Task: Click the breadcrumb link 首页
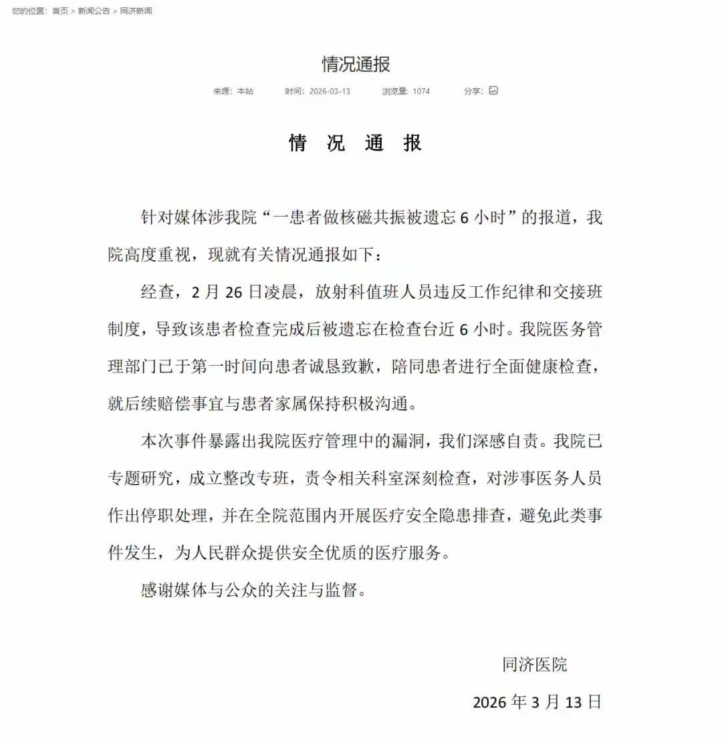(60, 11)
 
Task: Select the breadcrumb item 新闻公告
(94, 11)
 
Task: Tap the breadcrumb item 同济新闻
(136, 11)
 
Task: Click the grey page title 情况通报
(356, 64)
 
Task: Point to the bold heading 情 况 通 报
(356, 142)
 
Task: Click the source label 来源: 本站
(233, 91)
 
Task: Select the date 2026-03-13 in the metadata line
(330, 91)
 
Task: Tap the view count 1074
(421, 91)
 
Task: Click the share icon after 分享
(493, 90)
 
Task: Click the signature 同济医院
(535, 665)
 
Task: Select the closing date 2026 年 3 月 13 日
(537, 702)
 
